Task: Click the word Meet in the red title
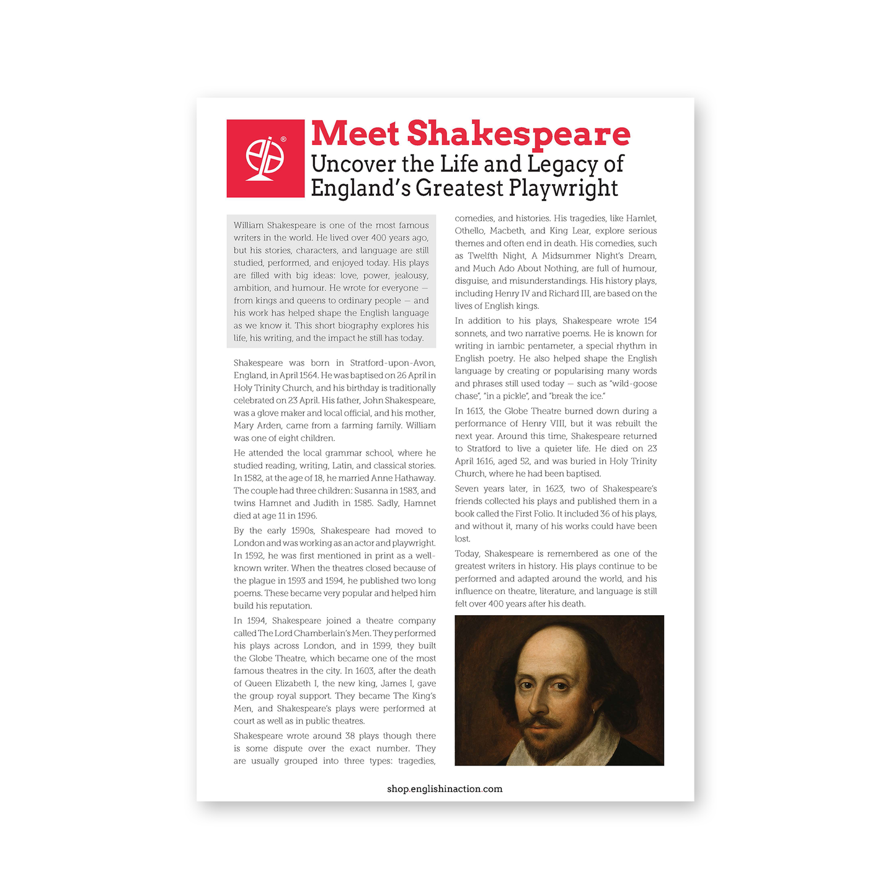click(x=355, y=134)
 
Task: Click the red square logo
click(x=265, y=158)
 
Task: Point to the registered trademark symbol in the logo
click(x=283, y=140)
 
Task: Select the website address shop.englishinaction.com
click(x=445, y=789)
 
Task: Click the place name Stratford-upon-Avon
click(x=393, y=363)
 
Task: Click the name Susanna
click(x=371, y=490)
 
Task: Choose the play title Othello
click(x=469, y=231)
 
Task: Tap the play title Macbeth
click(x=507, y=231)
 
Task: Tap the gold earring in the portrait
click(x=594, y=711)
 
